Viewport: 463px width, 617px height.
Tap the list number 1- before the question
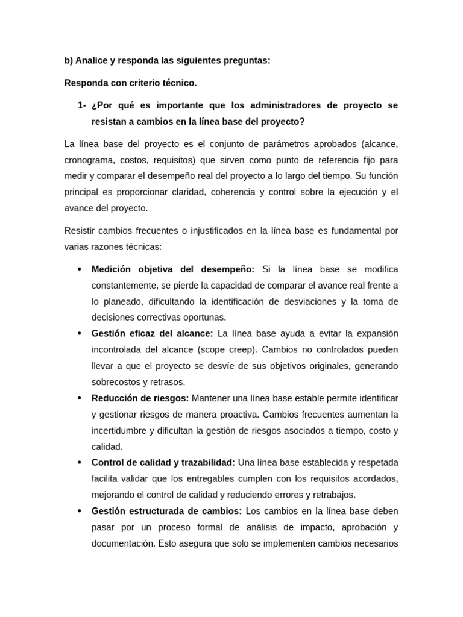(82, 105)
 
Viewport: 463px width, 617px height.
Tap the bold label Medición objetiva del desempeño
(173, 269)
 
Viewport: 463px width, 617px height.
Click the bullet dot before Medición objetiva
(80, 269)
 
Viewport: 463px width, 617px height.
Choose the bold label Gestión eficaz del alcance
(152, 333)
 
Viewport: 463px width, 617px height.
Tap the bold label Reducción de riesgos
(140, 398)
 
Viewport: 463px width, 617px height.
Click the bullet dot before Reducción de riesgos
(80, 399)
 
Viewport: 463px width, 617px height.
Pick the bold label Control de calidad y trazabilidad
(163, 463)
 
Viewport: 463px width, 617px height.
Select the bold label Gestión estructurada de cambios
(166, 511)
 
